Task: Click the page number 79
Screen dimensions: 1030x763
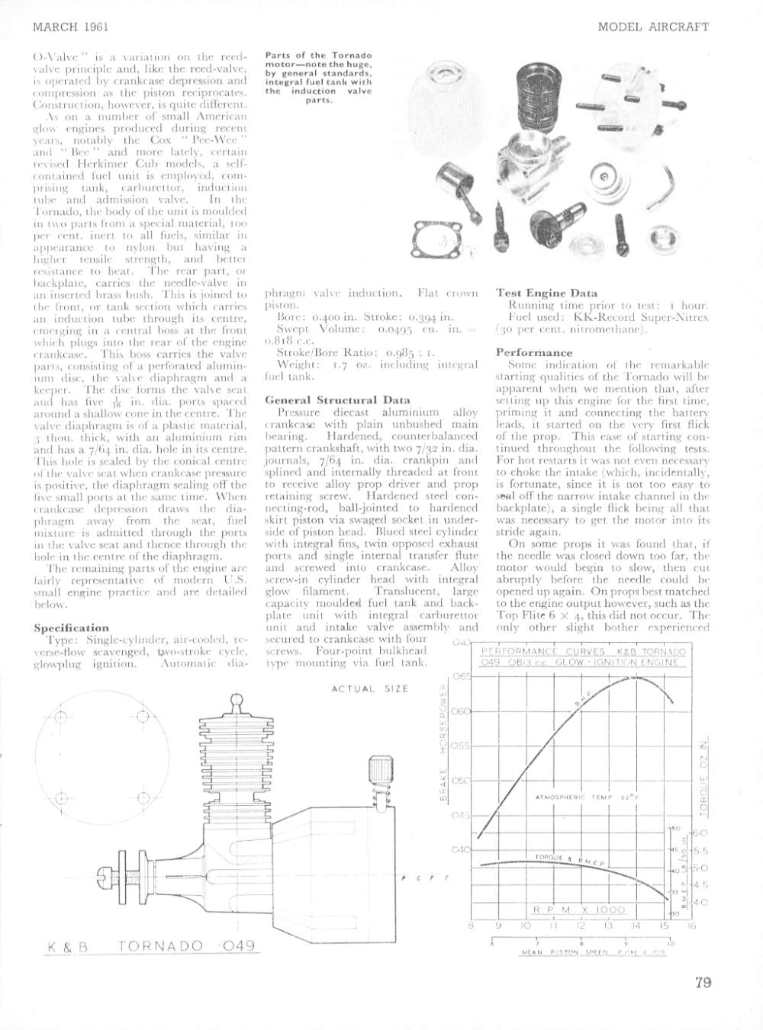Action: [703, 982]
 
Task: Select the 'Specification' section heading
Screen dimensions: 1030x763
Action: [71, 628]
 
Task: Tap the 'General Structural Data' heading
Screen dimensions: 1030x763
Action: [326, 399]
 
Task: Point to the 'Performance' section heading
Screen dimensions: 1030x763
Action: [534, 353]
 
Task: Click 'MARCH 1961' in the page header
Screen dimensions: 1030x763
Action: [72, 27]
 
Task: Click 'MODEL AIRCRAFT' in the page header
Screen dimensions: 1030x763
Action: [653, 27]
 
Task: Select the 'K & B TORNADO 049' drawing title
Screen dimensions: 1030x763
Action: [151, 947]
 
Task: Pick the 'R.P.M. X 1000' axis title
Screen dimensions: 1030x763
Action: [579, 910]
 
